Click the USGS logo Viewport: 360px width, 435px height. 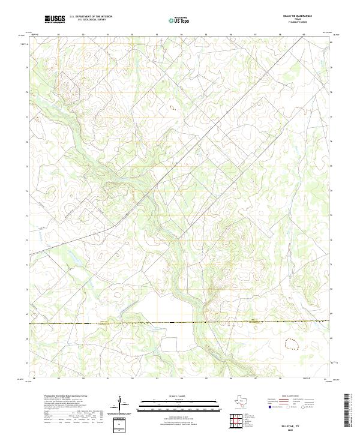55,19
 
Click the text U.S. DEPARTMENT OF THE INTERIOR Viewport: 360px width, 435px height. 91,16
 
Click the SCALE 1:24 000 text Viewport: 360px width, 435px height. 179,395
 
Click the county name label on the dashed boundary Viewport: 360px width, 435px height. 257,320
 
